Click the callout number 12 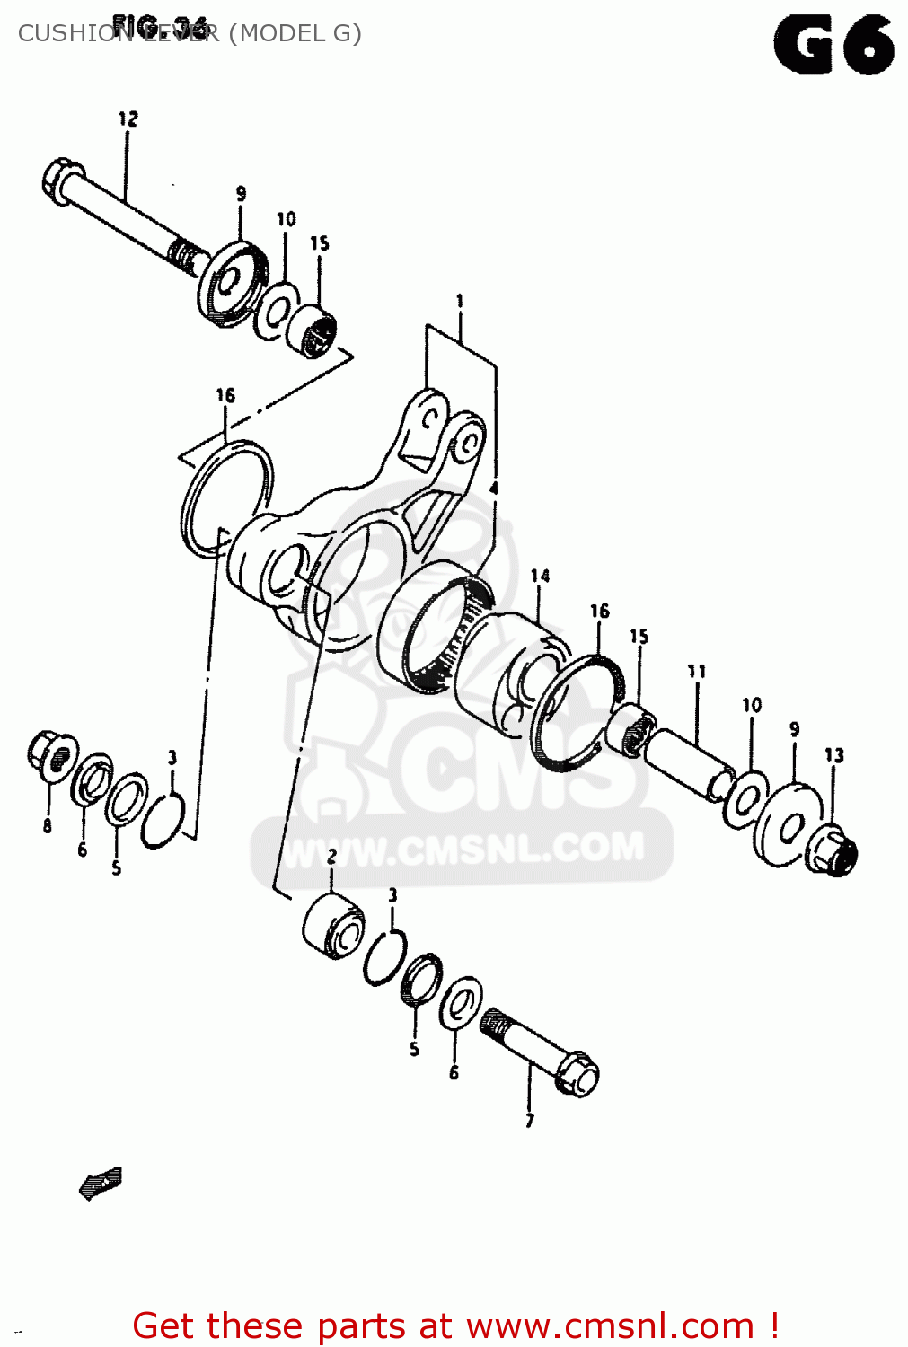128,119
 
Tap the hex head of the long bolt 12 61,176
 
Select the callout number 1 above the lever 460,302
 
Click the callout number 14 540,576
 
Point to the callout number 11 697,671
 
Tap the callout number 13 834,755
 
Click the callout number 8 47,825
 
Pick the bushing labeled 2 333,925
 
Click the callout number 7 530,1120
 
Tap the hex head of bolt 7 577,1072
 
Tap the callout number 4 494,489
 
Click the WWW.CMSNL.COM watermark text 463,850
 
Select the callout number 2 331,857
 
